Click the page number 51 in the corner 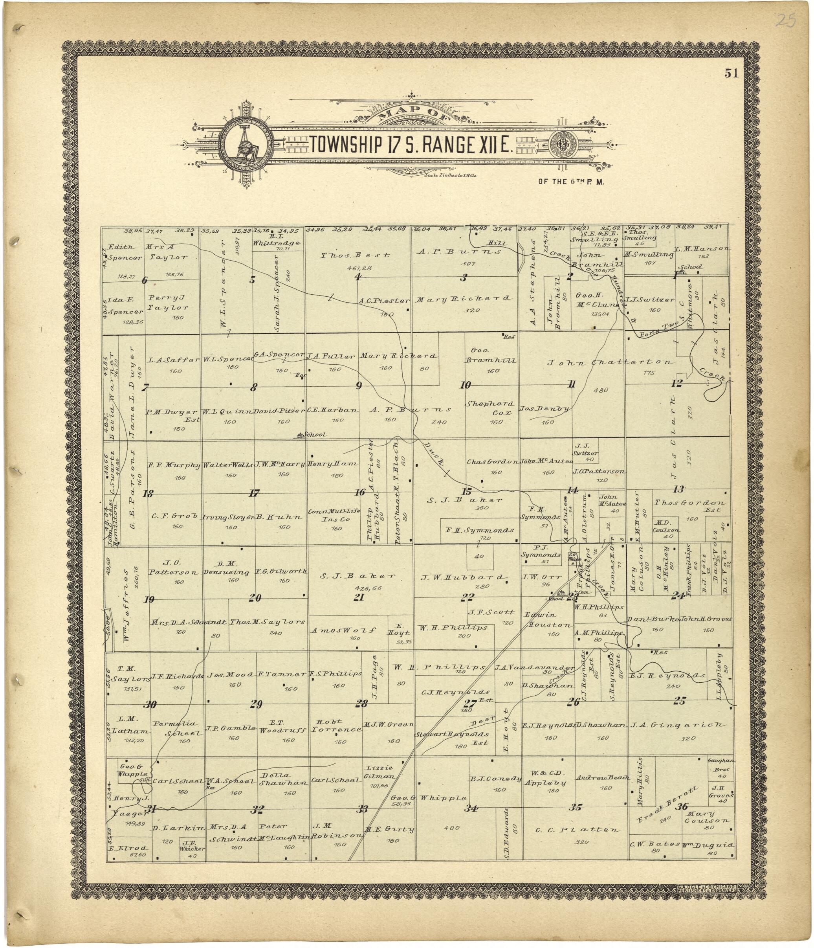731,73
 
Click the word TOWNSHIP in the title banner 346,145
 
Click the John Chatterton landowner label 610,362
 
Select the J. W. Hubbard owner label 462,577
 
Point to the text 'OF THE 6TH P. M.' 571,182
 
